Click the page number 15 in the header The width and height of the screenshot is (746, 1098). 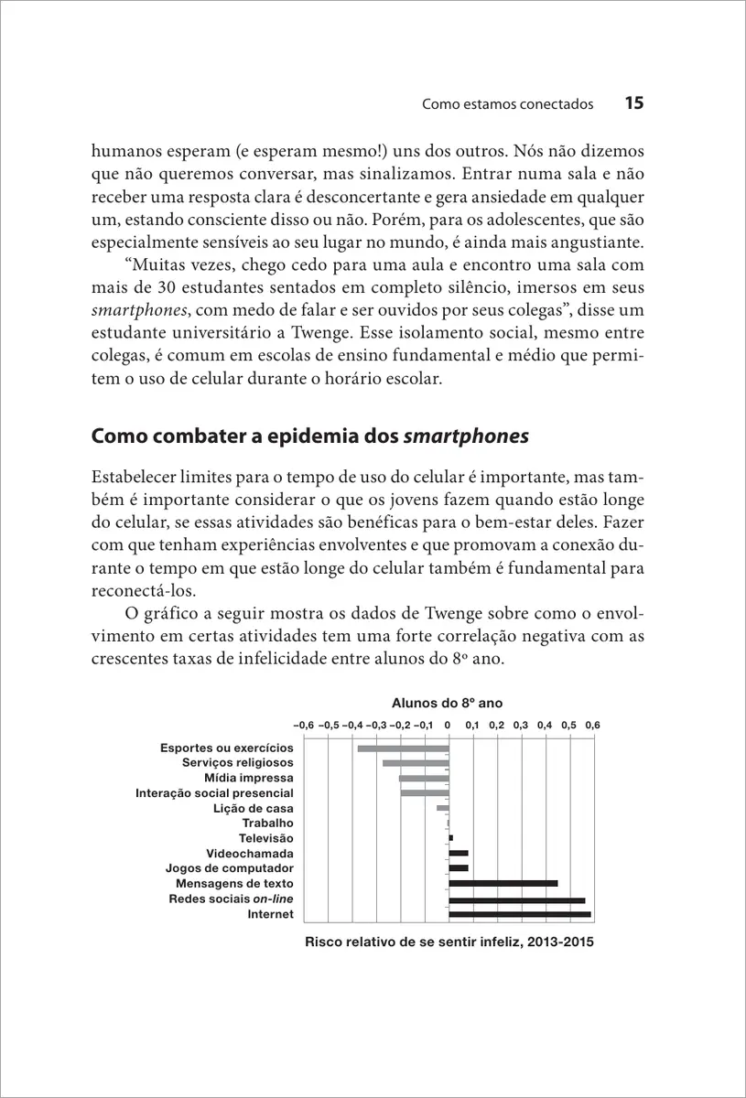634,103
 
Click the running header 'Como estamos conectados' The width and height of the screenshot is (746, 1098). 508,104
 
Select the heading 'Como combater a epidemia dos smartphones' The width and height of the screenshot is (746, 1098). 310,436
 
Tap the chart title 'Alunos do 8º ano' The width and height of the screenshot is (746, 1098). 448,703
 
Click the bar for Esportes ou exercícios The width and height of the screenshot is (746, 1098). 403,748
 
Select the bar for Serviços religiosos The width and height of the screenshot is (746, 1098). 416,763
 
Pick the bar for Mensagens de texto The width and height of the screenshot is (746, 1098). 503,883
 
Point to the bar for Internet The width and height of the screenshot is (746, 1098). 519,913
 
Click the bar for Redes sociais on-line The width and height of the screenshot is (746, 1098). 516,899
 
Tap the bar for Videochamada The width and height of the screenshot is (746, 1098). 458,853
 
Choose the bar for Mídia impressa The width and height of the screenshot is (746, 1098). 424,778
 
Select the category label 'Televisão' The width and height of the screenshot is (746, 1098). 266,837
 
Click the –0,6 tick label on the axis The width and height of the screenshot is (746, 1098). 304,724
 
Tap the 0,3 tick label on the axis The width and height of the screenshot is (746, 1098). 521,724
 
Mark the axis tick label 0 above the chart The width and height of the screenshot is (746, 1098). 448,724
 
